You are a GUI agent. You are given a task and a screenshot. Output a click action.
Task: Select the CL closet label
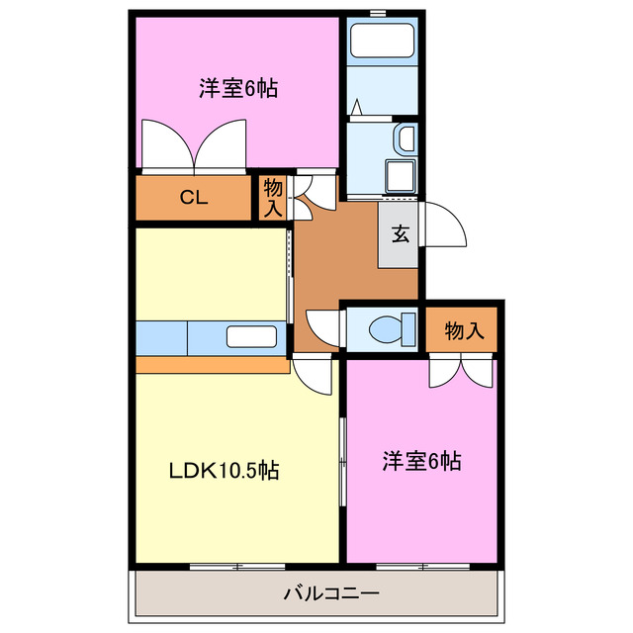193,197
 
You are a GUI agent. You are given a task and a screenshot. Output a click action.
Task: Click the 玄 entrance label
401,234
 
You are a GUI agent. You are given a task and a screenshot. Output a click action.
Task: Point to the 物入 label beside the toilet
463,330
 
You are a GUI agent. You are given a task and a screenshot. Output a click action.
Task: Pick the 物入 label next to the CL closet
273,197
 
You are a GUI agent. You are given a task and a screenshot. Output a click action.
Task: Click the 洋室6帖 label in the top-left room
237,89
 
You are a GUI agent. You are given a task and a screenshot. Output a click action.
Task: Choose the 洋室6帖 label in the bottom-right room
421,461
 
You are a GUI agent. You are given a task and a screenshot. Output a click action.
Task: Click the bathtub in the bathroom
383,42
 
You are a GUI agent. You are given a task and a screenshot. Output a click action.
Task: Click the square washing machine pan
402,176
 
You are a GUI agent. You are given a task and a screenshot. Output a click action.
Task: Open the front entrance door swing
443,226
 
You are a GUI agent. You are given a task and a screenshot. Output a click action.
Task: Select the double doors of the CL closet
194,146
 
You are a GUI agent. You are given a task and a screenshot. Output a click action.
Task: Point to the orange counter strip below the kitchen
212,365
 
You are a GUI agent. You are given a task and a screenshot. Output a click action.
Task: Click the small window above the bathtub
377,12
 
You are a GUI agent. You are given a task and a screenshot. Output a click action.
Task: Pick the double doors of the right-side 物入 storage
460,372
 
